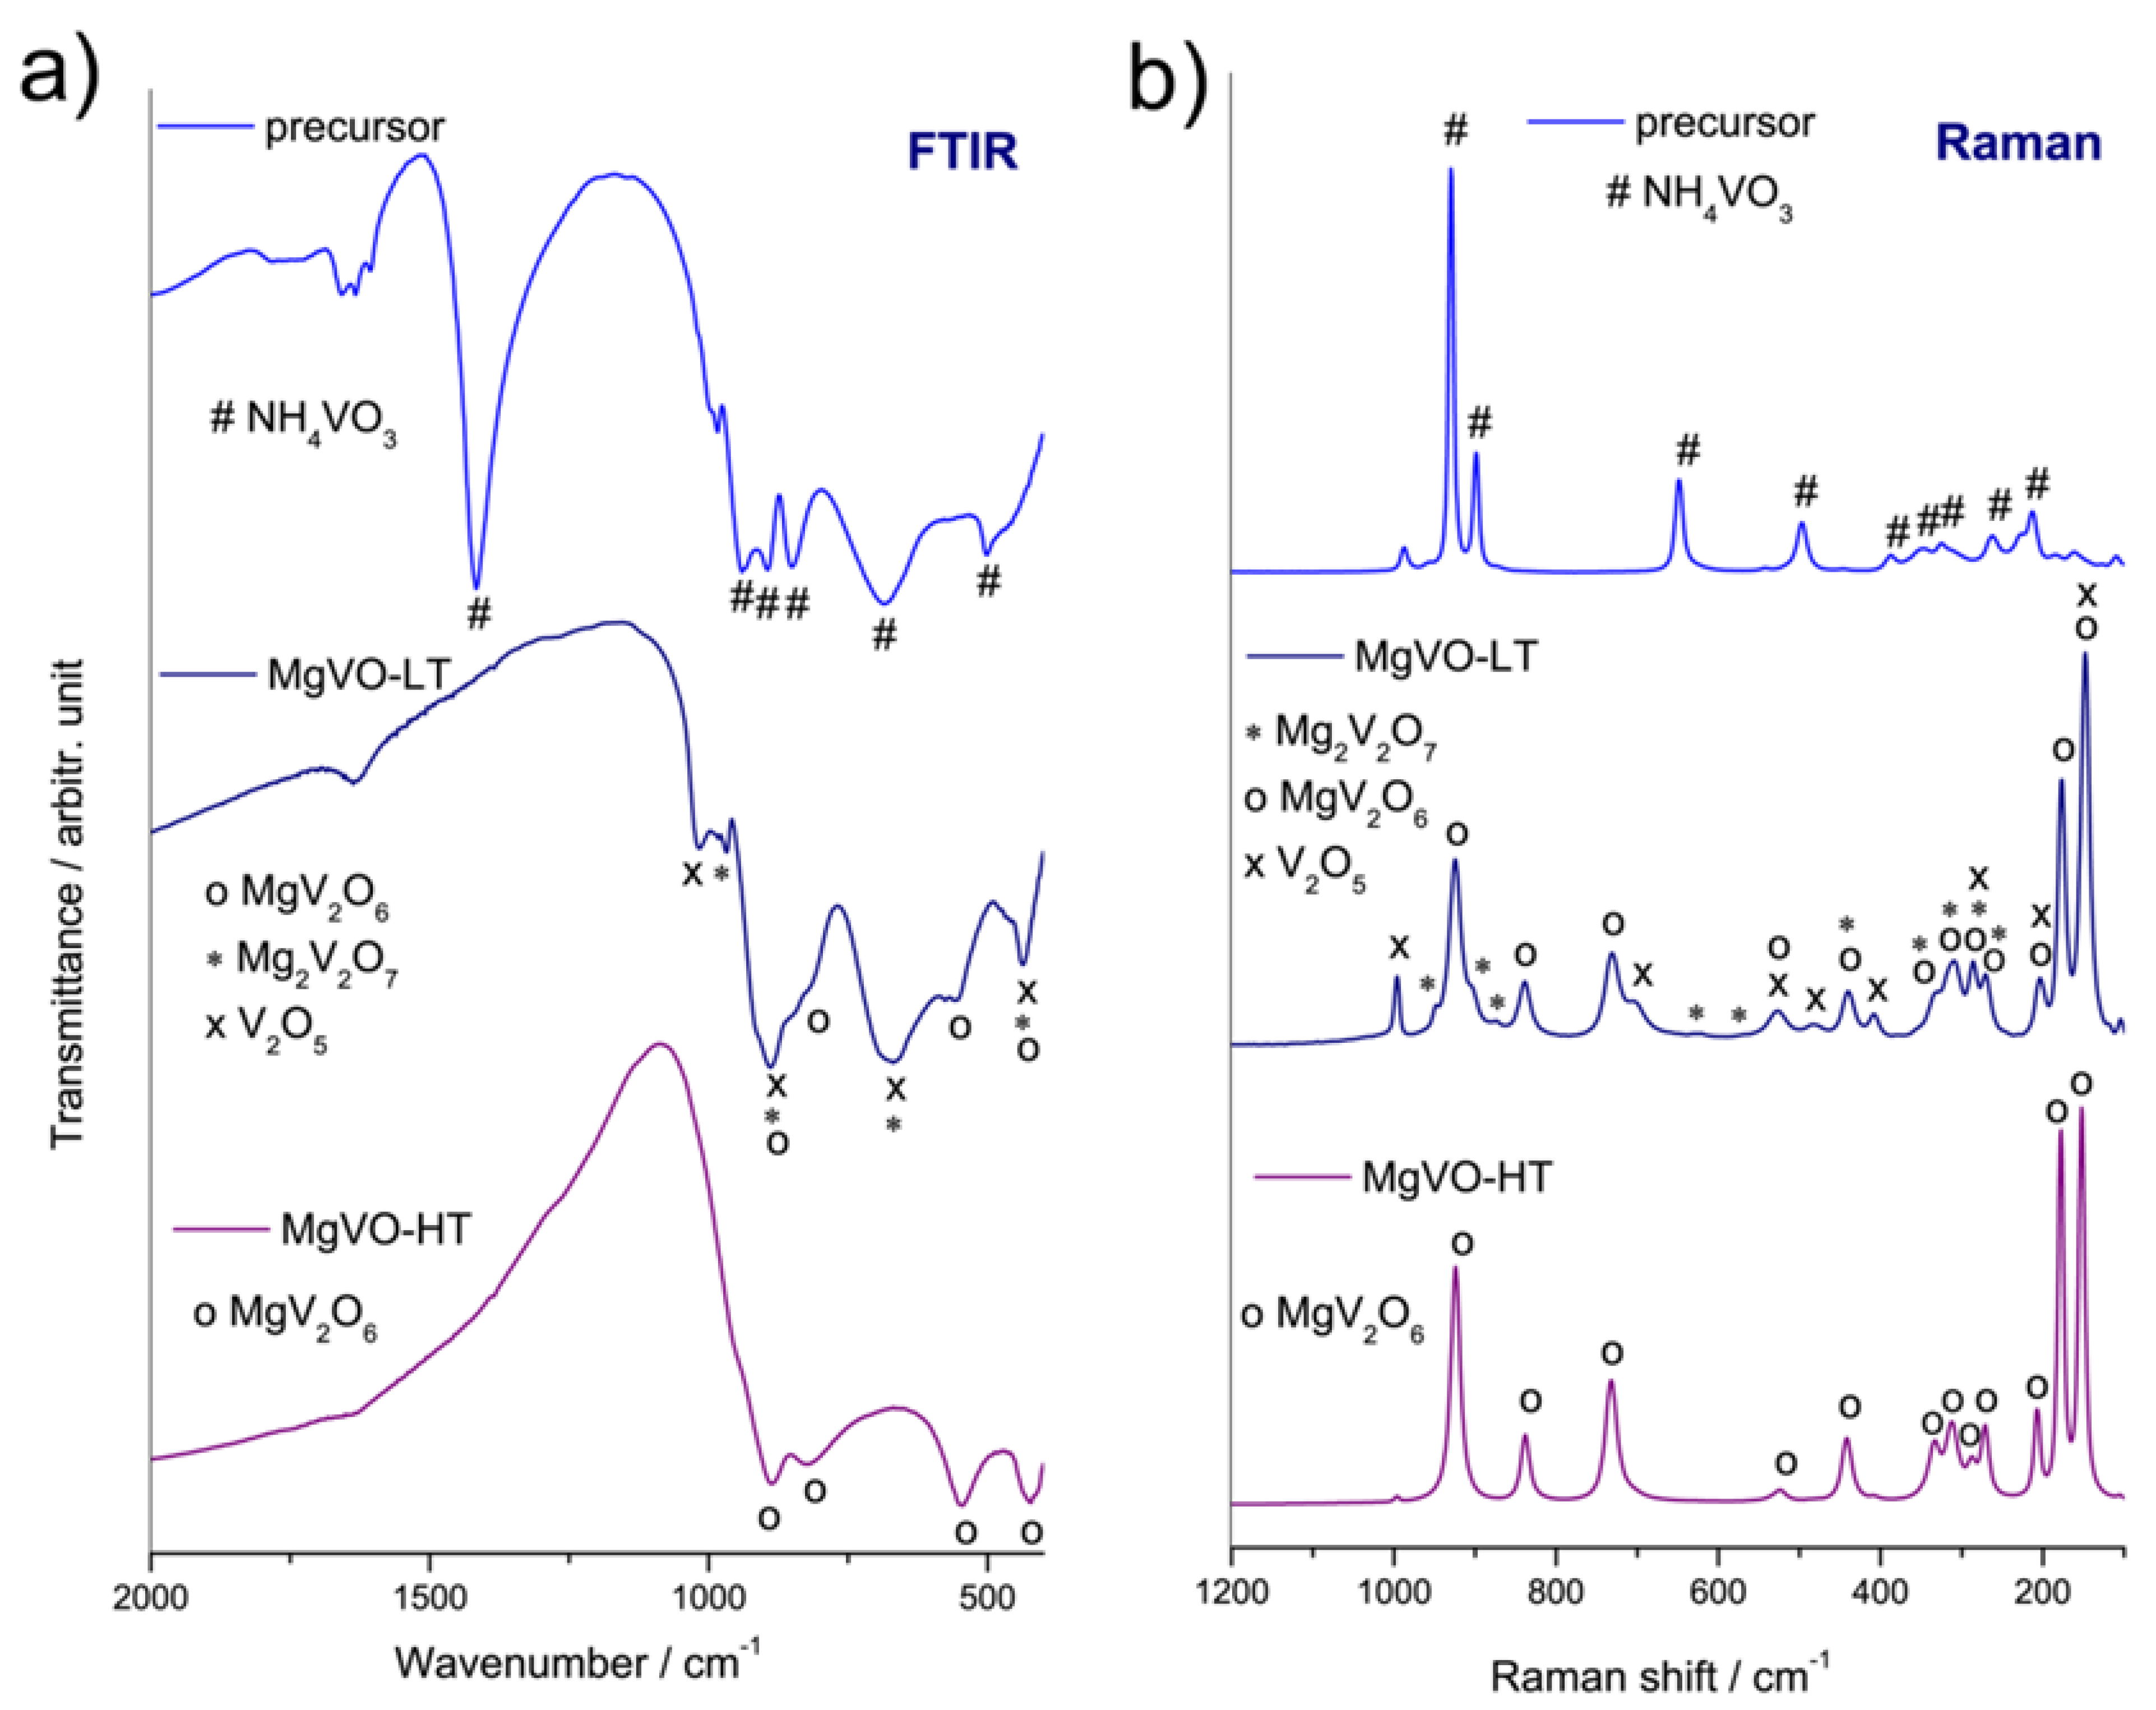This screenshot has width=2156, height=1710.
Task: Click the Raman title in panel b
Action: [2018, 143]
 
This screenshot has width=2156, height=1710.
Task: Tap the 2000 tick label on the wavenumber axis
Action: [150, 1597]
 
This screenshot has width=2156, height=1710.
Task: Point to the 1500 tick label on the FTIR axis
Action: [429, 1597]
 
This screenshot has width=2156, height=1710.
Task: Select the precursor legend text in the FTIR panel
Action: [354, 128]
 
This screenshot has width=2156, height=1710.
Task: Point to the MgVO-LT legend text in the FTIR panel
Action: [358, 675]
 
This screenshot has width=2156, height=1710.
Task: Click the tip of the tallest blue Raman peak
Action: [1451, 170]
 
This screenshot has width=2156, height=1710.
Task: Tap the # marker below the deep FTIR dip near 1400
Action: [479, 613]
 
